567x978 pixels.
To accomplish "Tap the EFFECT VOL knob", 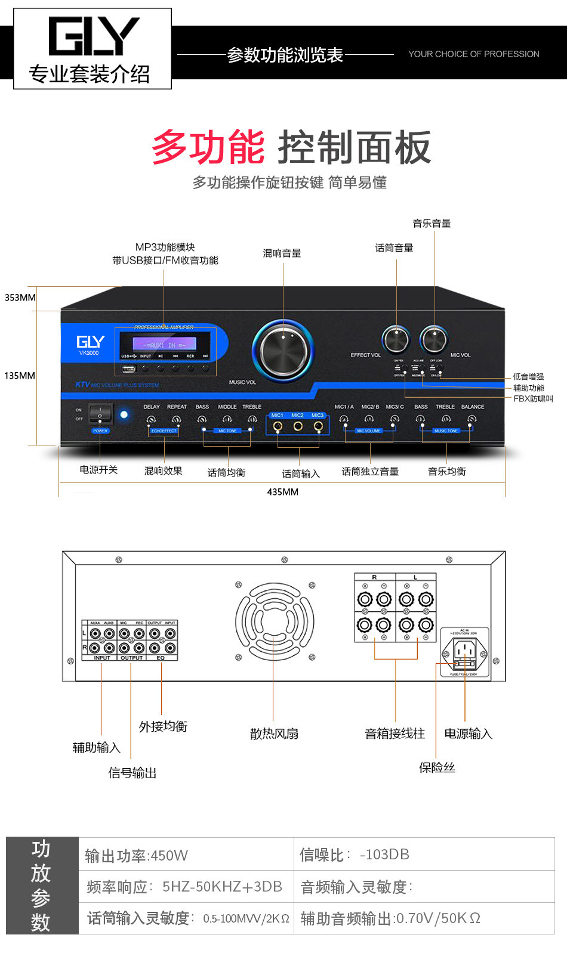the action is (396, 339).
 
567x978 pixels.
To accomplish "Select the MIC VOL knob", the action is (433, 339).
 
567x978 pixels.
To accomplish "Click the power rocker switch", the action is (100, 413).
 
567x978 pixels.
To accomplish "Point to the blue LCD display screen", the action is (164, 345).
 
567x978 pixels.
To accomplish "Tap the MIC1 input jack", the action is (278, 426).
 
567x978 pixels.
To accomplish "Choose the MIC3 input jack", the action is (318, 426).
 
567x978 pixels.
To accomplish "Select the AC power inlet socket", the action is (465, 648).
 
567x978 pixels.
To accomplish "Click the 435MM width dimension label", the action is (282, 492).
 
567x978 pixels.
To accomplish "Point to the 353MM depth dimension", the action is (20, 298).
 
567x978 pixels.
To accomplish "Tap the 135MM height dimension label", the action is (20, 376).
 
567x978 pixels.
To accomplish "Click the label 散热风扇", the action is (274, 733).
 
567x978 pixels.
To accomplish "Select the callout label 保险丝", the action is (437, 767).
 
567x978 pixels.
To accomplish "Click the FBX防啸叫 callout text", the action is (533, 398).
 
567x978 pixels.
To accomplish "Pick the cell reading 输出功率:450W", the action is (137, 856).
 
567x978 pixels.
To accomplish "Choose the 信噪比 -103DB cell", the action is (355, 855).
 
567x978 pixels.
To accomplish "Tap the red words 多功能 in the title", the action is (208, 147).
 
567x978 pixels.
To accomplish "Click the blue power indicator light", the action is (124, 414).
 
